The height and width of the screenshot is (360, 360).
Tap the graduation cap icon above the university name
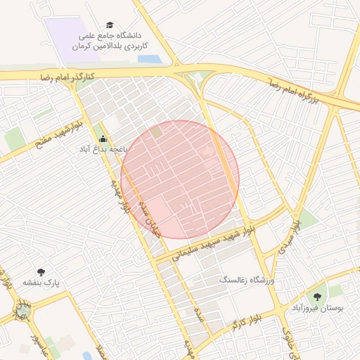click(109, 24)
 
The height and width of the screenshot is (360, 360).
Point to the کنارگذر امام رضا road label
click(67, 75)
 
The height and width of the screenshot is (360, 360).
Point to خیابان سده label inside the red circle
click(148, 217)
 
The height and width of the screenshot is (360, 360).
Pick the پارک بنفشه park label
click(41, 283)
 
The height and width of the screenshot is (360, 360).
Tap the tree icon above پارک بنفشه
click(41, 271)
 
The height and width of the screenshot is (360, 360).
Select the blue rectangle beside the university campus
click(149, 59)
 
